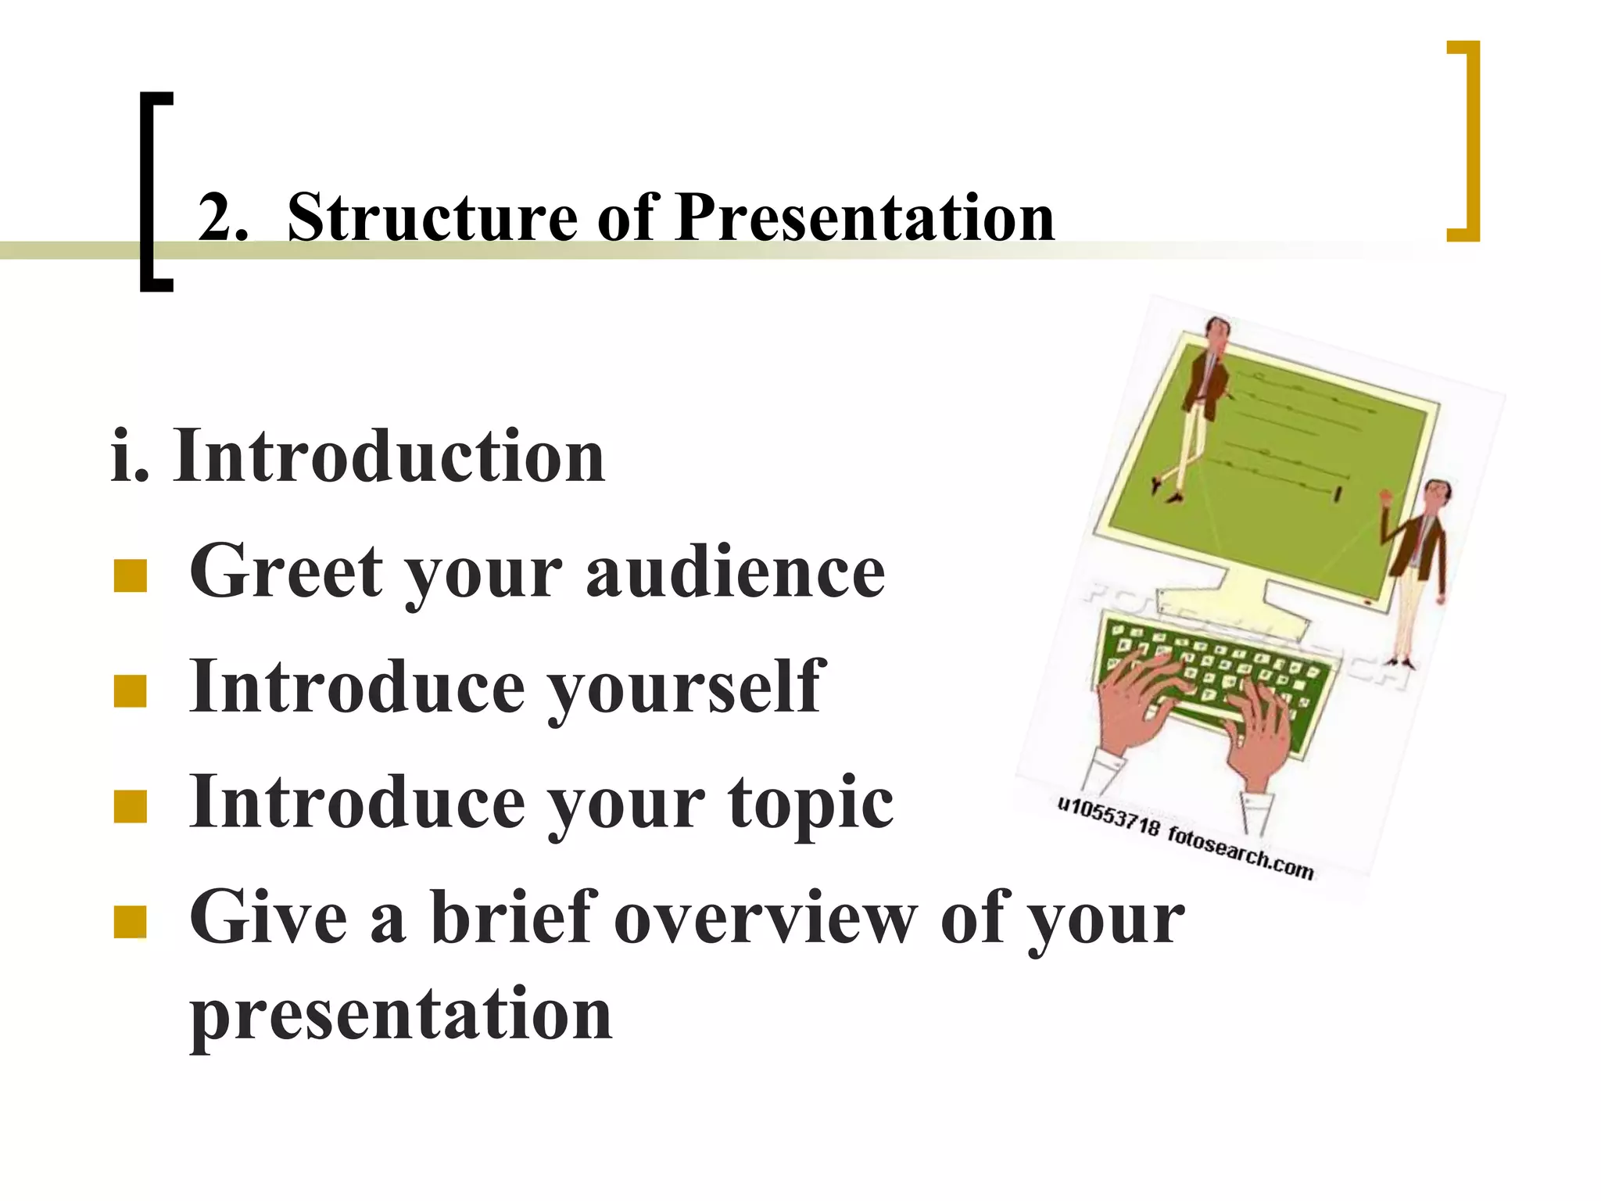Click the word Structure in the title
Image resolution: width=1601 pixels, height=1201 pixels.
click(x=432, y=217)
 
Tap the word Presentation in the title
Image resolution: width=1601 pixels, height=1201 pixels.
click(x=865, y=217)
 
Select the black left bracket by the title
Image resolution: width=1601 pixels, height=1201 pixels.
click(x=154, y=192)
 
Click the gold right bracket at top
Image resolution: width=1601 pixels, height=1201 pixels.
click(x=1466, y=141)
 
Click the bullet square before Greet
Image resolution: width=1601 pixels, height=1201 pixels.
click(x=130, y=576)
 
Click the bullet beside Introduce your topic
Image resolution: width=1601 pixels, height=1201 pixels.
click(x=130, y=807)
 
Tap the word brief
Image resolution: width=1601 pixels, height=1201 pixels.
click(x=514, y=916)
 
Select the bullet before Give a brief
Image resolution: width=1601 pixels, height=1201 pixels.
click(x=130, y=921)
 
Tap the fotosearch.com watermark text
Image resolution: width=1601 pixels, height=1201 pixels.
click(x=1241, y=851)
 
